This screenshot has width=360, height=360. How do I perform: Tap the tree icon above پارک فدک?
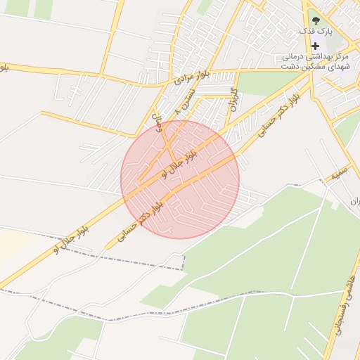(x=314, y=20)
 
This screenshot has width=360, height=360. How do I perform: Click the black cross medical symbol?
(x=315, y=46)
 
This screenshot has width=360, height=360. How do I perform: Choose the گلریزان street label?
(x=232, y=101)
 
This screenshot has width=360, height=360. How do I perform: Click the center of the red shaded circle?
(x=180, y=179)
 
